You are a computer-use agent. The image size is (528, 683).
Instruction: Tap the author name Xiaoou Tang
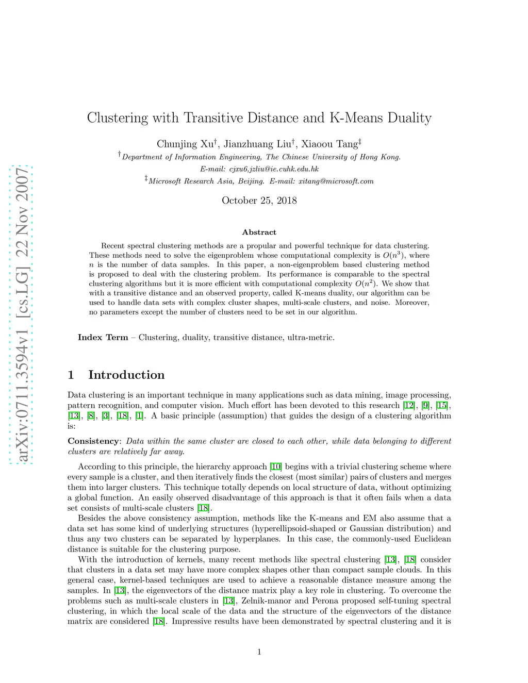329,144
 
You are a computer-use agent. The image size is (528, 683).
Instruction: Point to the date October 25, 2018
259,201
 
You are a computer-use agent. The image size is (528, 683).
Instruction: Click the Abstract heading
259,232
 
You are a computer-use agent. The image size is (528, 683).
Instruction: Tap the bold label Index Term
103,338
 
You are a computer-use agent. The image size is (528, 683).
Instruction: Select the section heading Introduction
126,375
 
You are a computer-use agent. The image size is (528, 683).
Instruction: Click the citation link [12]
409,406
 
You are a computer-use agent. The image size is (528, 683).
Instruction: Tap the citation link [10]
276,467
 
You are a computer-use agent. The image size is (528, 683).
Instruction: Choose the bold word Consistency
93,441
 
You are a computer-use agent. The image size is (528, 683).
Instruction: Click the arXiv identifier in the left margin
22,314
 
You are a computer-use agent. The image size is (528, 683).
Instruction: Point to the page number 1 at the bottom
259,652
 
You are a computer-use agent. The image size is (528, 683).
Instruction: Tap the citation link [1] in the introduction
139,416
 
